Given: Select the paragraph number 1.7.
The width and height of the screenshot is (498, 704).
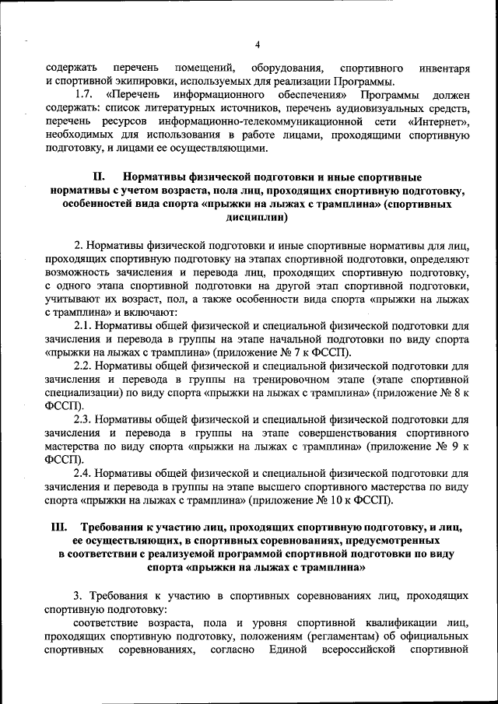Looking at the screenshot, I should [x=84, y=94].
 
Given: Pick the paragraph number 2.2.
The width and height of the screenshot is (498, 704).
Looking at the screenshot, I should [x=84, y=365].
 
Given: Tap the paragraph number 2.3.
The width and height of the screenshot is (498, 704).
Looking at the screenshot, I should [x=84, y=419].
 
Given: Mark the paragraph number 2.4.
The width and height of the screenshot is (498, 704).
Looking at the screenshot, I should [x=84, y=472].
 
